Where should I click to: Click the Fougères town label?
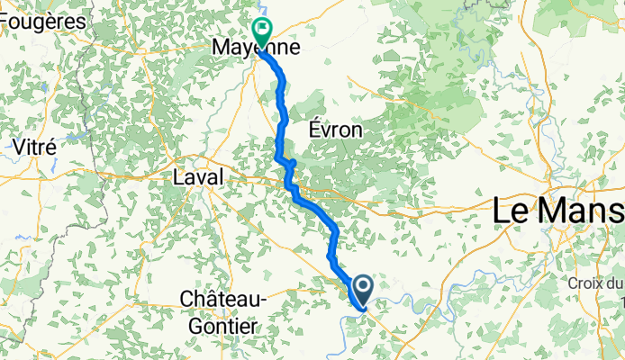click(42, 21)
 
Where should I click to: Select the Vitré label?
click(35, 146)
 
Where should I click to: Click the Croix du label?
click(595, 283)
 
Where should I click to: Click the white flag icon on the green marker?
click(262, 28)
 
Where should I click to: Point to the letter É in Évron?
click(315, 130)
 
